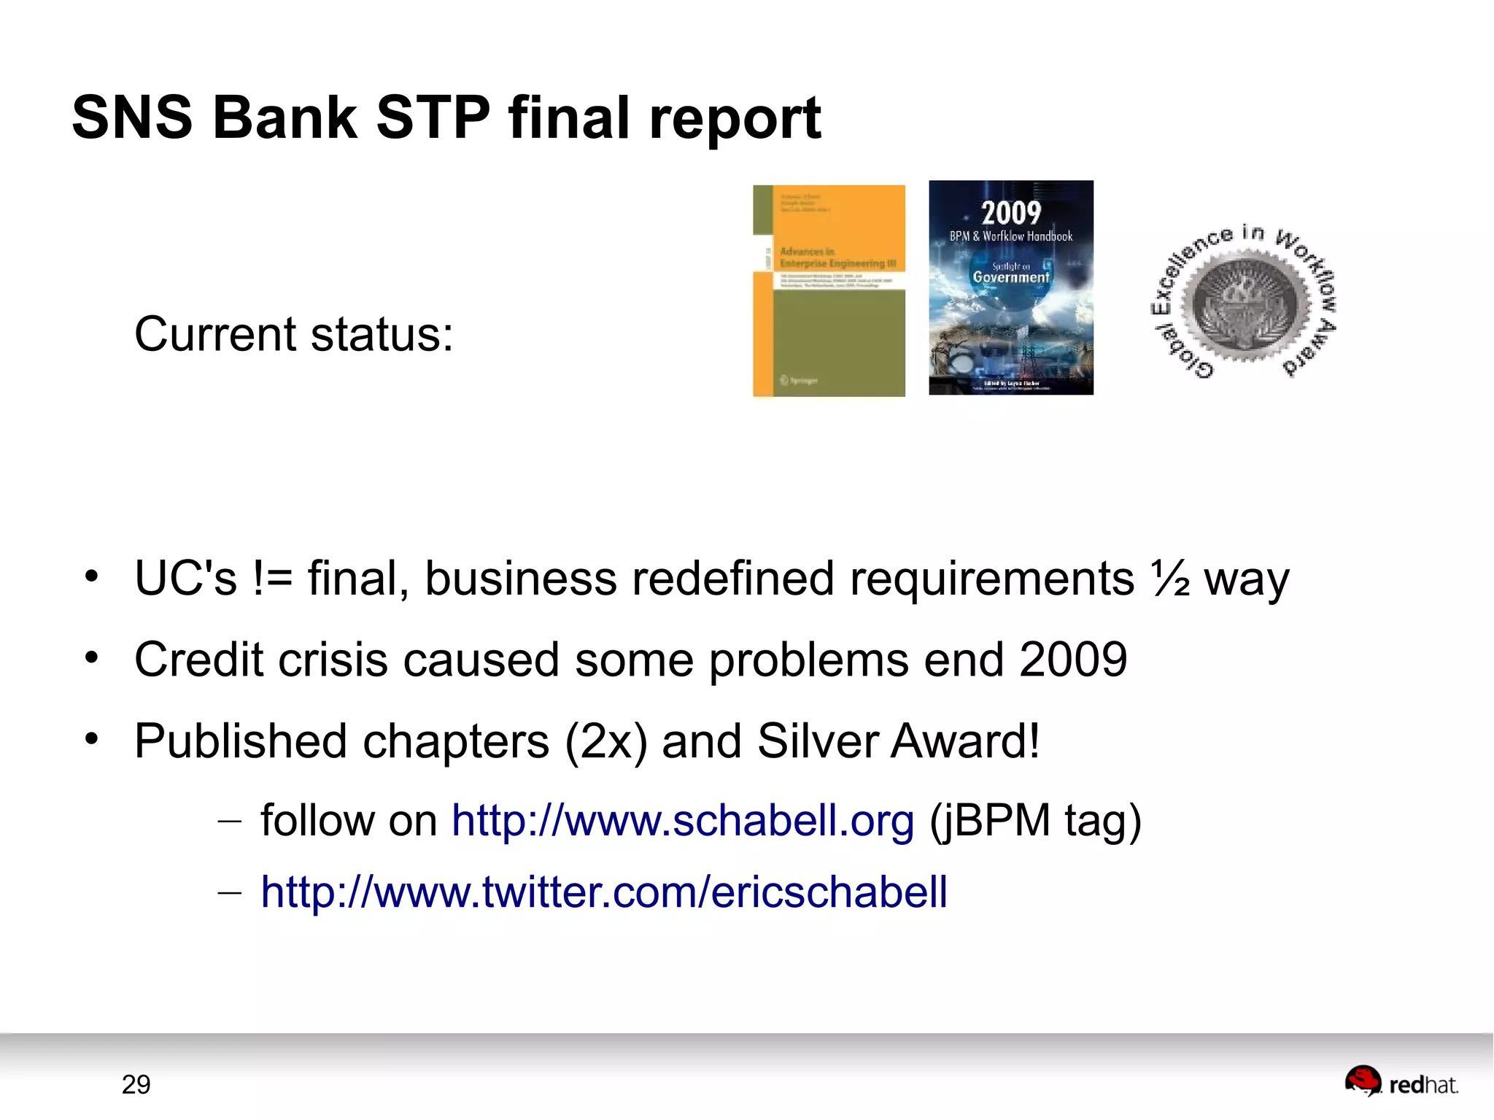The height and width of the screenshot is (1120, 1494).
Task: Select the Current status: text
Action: [x=293, y=335]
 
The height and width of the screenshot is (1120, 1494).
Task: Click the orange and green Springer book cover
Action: [x=829, y=291]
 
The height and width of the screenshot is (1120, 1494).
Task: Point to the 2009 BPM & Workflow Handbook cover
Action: [x=1010, y=287]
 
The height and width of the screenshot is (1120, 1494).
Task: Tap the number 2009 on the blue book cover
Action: [x=1010, y=213]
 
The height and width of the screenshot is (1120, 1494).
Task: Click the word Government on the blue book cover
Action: [x=1010, y=277]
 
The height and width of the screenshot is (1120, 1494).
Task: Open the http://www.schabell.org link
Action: [x=682, y=821]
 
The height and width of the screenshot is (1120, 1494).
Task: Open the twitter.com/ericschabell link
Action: [x=604, y=892]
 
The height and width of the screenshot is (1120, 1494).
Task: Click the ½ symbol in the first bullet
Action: [x=1171, y=579]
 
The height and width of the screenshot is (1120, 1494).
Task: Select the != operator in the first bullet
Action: [x=273, y=579]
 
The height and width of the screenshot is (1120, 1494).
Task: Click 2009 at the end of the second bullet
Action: [x=1073, y=660]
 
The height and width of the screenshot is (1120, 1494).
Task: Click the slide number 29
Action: [x=136, y=1085]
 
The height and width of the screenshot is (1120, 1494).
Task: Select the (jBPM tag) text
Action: [x=1035, y=821]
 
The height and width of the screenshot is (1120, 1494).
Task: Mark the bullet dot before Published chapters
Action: [x=91, y=739]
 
